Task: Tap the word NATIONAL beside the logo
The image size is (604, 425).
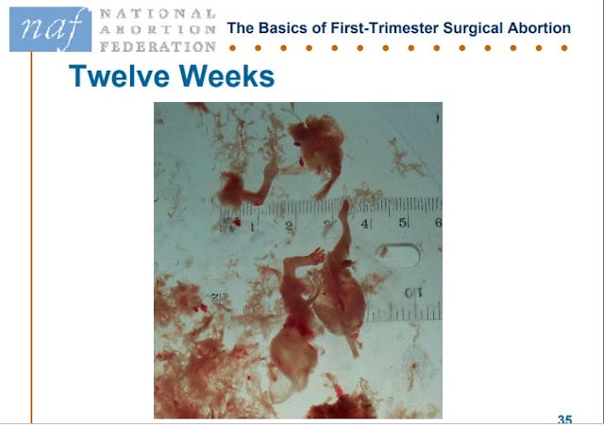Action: point(158,15)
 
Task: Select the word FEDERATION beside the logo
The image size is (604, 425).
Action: point(158,46)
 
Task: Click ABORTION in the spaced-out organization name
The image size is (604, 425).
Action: point(158,30)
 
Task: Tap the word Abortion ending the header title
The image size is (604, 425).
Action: point(540,28)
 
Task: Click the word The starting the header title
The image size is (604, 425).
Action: point(242,28)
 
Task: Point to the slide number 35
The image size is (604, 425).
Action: point(564,418)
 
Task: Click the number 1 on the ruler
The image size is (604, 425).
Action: point(252,227)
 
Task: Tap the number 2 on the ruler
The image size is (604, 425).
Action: point(288,226)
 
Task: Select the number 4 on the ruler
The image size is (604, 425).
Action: point(365,224)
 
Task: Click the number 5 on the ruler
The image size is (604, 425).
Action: point(403,223)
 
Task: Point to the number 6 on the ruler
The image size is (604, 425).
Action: point(437,222)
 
